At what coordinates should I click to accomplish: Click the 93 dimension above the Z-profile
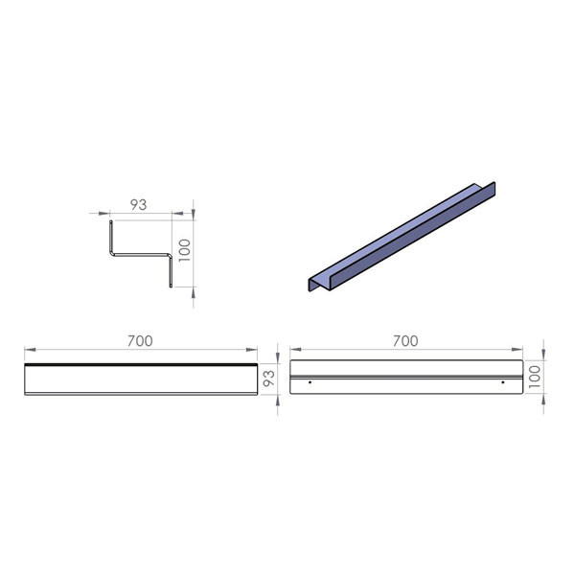pos(139,205)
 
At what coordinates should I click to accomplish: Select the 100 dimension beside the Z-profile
pos(185,250)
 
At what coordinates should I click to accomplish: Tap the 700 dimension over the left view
pos(140,341)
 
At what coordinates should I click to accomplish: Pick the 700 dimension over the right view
pos(405,341)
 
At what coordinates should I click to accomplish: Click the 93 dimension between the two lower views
pos(268,379)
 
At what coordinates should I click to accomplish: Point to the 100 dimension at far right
pos(535,377)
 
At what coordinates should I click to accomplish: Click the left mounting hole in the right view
pos(310,382)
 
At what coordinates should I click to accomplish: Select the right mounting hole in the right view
pos(503,382)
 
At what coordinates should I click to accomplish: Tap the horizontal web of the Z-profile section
pos(141,254)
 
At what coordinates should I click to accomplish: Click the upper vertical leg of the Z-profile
pos(111,237)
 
